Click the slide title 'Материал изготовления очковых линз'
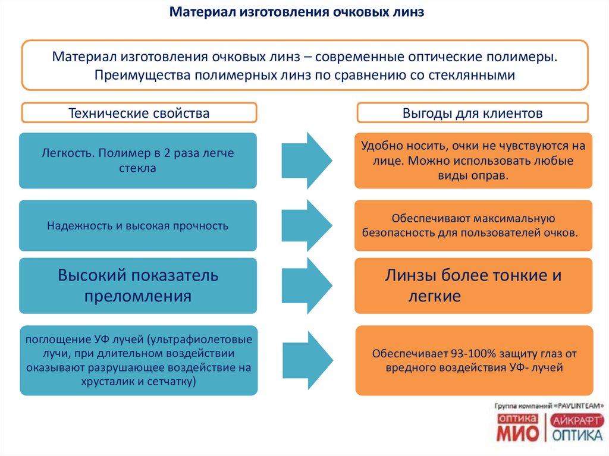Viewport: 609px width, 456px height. pos(297,12)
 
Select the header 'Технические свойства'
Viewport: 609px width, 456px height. pos(139,113)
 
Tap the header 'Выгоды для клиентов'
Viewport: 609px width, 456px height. pos(472,113)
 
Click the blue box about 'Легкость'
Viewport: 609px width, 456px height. pos(138,161)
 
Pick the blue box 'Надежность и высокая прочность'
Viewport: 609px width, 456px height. pos(138,225)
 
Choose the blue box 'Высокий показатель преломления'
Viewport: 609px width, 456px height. pos(138,285)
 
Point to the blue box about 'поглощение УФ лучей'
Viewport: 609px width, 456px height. pos(138,360)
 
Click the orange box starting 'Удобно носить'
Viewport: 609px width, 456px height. pos(473,161)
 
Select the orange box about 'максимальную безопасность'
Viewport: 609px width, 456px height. pos(473,225)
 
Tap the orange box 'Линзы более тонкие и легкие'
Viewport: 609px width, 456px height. pos(473,285)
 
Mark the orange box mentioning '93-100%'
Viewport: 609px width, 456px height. pos(473,360)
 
